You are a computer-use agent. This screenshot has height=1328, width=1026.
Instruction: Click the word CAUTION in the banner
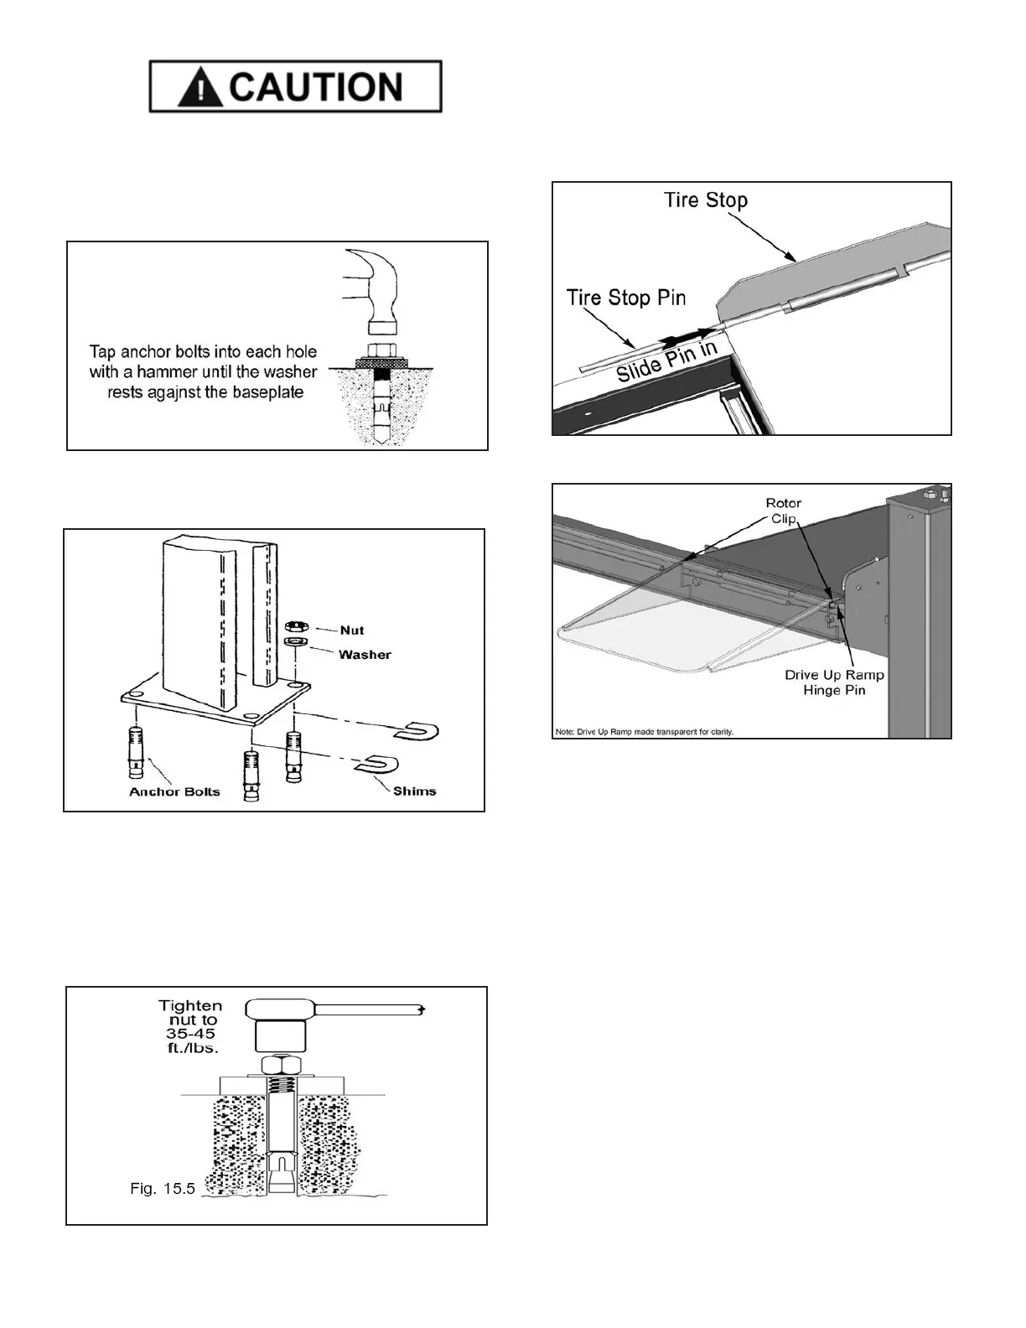point(316,87)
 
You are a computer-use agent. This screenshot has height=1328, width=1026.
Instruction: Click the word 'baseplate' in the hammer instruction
point(269,392)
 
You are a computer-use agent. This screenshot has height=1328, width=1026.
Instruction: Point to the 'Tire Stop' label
point(705,200)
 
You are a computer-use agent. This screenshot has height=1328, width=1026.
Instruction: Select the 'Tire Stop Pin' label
point(625,298)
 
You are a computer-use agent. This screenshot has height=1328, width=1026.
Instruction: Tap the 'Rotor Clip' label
point(784,511)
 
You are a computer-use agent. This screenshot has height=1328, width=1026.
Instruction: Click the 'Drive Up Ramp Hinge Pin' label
point(834,682)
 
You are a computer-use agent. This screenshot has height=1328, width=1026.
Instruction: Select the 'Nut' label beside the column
point(352,630)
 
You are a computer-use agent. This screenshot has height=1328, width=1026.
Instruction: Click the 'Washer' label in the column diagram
point(365,654)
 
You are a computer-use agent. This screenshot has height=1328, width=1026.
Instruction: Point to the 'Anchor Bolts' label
point(174,791)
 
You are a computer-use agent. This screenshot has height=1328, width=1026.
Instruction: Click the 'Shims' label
point(414,791)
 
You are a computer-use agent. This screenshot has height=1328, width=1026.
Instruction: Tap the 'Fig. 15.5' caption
point(163,1188)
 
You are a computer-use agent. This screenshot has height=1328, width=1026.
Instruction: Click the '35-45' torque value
point(192,1034)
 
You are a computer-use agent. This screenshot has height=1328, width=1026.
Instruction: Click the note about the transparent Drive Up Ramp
point(644,731)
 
